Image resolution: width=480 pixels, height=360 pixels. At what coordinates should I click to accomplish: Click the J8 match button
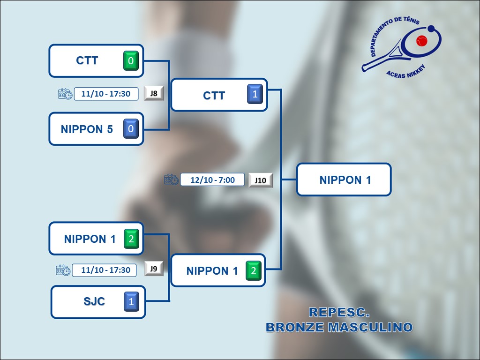[154, 93]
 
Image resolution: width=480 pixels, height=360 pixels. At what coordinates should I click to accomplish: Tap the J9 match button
[154, 269]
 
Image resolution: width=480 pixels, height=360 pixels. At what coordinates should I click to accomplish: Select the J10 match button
[261, 180]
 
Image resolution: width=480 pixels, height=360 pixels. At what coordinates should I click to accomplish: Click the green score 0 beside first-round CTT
[131, 61]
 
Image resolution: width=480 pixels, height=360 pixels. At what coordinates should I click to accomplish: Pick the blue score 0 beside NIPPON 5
[131, 129]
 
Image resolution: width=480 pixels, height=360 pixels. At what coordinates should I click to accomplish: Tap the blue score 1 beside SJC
[131, 301]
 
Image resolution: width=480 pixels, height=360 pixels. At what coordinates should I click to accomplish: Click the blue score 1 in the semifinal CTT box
[255, 94]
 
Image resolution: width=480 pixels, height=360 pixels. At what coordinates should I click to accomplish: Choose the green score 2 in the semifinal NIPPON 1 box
[254, 270]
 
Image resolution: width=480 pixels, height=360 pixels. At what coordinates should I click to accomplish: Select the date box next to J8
[106, 94]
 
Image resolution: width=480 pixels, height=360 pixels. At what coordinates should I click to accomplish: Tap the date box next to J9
[105, 270]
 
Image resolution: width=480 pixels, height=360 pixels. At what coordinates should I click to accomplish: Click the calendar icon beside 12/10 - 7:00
[171, 180]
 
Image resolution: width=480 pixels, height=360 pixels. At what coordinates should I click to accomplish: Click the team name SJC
[94, 301]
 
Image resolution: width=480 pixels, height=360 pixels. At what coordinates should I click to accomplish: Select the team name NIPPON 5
[87, 129]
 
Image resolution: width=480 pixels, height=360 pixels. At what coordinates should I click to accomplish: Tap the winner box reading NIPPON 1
[345, 180]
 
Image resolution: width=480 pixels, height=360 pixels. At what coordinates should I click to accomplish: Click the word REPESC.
[339, 312]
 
